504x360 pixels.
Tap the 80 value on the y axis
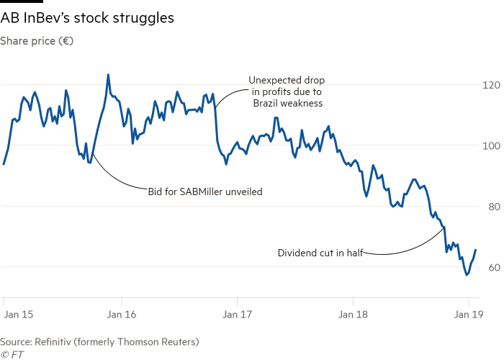(492, 207)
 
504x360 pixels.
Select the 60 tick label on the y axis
(492, 268)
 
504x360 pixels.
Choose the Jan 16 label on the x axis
(122, 314)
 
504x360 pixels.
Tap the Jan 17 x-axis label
(238, 314)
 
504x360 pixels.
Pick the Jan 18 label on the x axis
(353, 314)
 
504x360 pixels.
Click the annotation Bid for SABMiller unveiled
(205, 192)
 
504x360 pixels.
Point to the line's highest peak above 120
(108, 74)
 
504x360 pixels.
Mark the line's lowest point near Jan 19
(467, 275)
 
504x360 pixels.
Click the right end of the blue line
(476, 249)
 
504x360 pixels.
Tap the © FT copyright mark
(10, 354)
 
